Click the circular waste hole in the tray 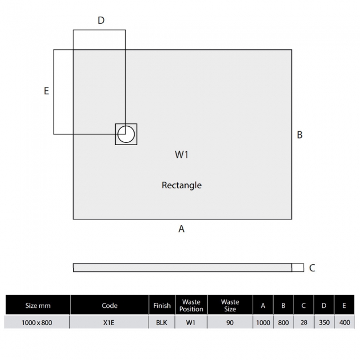pyautogui.click(x=126, y=134)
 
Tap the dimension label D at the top pyautogui.click(x=101, y=20)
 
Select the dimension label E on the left pyautogui.click(x=47, y=91)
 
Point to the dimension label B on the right pyautogui.click(x=300, y=135)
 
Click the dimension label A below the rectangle pyautogui.click(x=181, y=229)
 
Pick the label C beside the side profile pyautogui.click(x=312, y=268)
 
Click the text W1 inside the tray pyautogui.click(x=182, y=155)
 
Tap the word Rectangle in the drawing pyautogui.click(x=182, y=185)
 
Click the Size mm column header pyautogui.click(x=38, y=305)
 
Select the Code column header pyautogui.click(x=110, y=305)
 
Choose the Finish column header pyautogui.click(x=162, y=305)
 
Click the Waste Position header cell pyautogui.click(x=191, y=305)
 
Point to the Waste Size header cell pyautogui.click(x=230, y=305)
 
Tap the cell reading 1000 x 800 pyautogui.click(x=38, y=322)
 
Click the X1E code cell pyautogui.click(x=110, y=322)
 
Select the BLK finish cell pyautogui.click(x=162, y=322)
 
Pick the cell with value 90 pyautogui.click(x=230, y=322)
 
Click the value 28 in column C pyautogui.click(x=303, y=322)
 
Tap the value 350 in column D pyautogui.click(x=323, y=322)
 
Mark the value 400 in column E pyautogui.click(x=344, y=322)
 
